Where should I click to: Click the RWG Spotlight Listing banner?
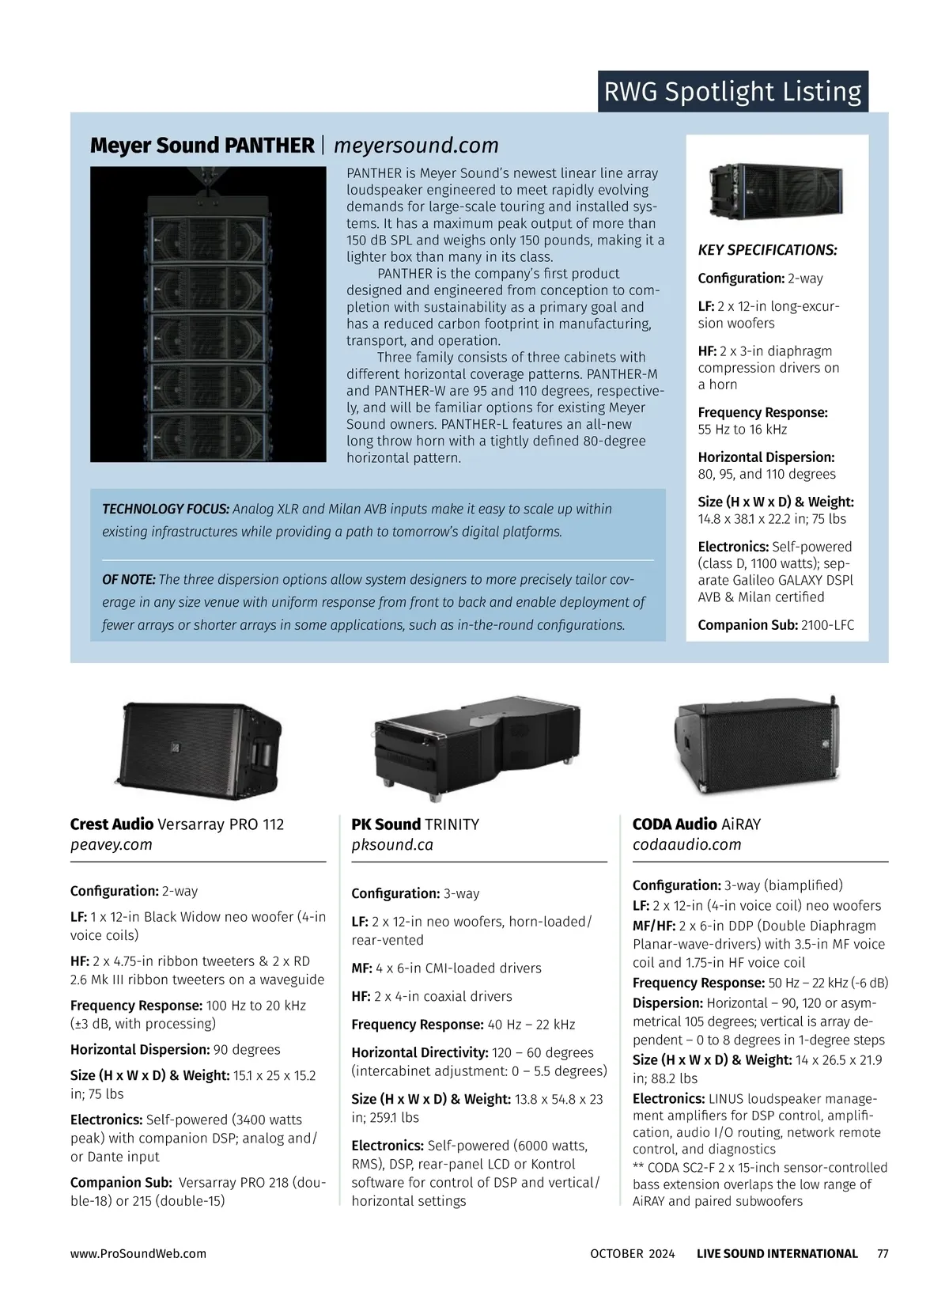[732, 92]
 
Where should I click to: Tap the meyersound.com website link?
[416, 146]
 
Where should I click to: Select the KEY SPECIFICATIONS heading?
[767, 250]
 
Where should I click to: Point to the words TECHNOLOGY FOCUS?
[165, 510]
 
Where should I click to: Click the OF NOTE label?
[129, 580]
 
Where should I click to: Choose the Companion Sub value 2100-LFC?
[827, 625]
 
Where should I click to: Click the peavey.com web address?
[112, 844]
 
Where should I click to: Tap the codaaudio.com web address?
[686, 844]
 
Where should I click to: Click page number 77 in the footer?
[883, 1253]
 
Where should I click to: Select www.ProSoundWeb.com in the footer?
[138, 1253]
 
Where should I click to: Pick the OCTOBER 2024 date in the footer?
[633, 1253]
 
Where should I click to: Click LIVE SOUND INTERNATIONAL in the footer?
[777, 1253]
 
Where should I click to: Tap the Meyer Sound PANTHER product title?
[202, 146]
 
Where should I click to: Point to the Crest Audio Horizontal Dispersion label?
[138, 1050]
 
